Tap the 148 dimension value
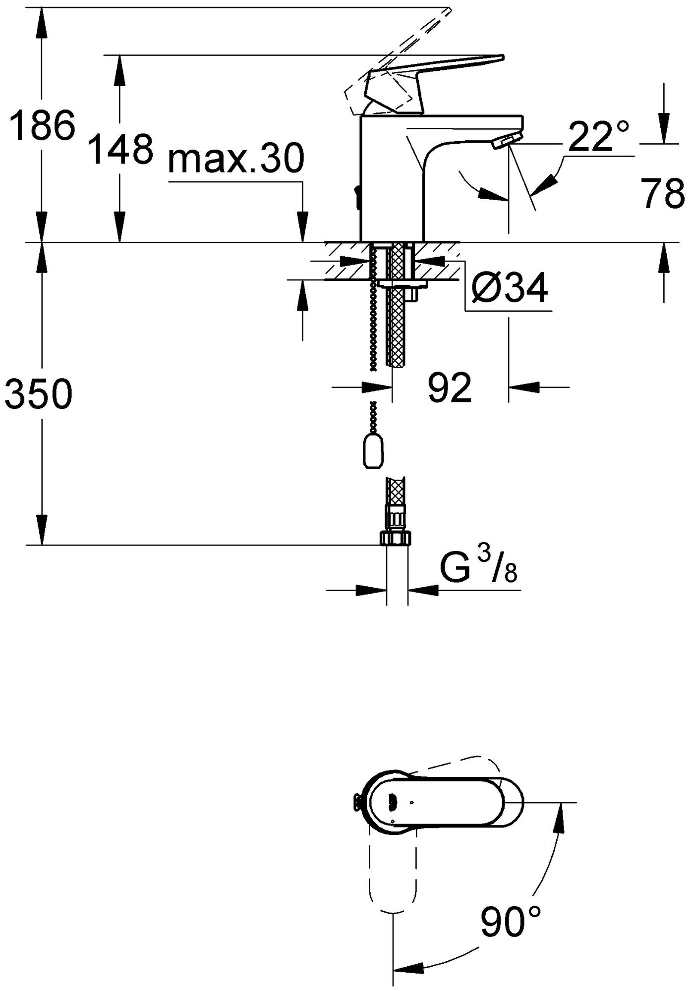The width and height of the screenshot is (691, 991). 119,149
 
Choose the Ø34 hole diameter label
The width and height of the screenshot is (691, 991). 509,287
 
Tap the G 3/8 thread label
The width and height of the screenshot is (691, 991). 479,571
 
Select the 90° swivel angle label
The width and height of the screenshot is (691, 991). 511,921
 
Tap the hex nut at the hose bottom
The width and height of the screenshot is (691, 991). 396,539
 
